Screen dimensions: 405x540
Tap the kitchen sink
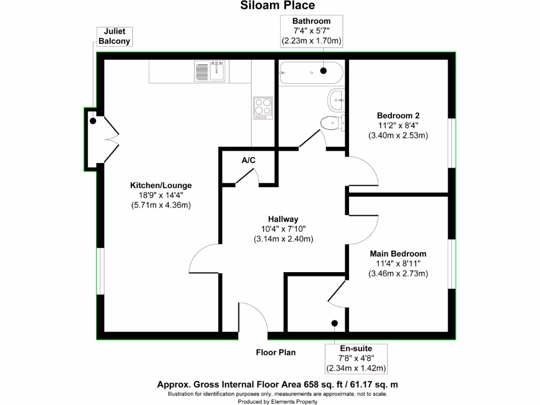pyautogui.click(x=210, y=71)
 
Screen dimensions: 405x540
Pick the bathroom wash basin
pyautogui.click(x=337, y=99)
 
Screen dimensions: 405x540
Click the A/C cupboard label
pyautogui.click(x=248, y=160)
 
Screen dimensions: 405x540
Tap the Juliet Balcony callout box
pyautogui.click(x=114, y=36)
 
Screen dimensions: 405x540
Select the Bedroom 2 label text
pyautogui.click(x=398, y=115)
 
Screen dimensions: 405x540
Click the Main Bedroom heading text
pyautogui.click(x=398, y=254)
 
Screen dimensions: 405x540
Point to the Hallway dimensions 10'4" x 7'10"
pyautogui.click(x=283, y=229)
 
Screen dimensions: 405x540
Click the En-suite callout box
pyautogui.click(x=356, y=358)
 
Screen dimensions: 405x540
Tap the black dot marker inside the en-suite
pyautogui.click(x=334, y=323)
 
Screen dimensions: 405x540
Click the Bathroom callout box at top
pyautogui.click(x=312, y=31)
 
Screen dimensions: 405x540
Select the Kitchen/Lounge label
pyautogui.click(x=161, y=186)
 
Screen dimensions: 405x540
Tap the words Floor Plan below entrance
pyautogui.click(x=276, y=352)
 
